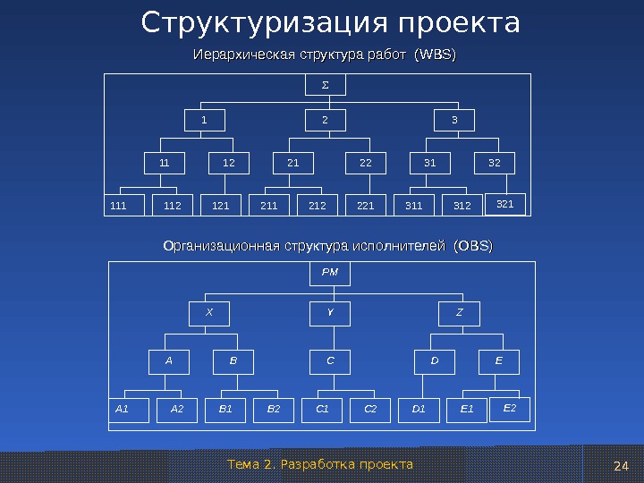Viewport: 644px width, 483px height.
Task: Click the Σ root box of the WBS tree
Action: point(326,85)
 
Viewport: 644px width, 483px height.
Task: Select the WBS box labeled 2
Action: point(326,120)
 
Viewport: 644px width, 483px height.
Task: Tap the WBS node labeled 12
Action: point(229,164)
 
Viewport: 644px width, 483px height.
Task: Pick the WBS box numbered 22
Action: point(366,164)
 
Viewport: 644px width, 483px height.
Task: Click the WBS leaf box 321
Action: point(505,205)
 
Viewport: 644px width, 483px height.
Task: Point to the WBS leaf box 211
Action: point(268,206)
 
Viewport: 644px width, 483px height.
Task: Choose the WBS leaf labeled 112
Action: point(173,206)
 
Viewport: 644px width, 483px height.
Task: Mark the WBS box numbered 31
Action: point(430,164)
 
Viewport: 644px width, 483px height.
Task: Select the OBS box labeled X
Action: point(209,313)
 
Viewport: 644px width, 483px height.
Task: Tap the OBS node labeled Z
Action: point(460,313)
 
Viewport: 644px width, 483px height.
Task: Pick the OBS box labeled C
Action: point(330,361)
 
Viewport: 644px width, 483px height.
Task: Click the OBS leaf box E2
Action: point(511,408)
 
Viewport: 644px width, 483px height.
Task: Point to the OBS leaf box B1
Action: point(225,410)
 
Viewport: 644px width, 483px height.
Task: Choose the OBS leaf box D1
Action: point(419,410)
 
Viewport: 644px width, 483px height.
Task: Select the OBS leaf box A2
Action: point(177,410)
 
